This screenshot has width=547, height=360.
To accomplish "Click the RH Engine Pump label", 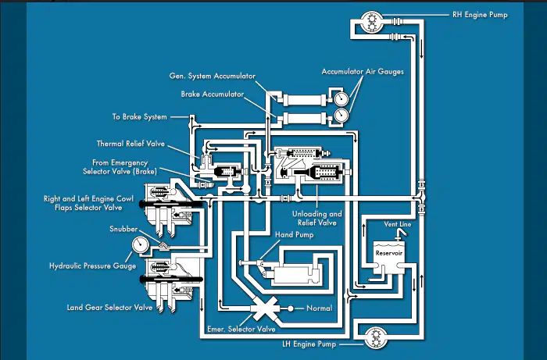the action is click(480, 15).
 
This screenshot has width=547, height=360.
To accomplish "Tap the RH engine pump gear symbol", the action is click(371, 22).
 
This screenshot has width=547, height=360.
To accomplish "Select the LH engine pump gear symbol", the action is click(376, 337).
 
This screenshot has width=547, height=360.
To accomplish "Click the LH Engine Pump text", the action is click(309, 344).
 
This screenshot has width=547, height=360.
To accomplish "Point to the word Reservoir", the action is click(389, 253).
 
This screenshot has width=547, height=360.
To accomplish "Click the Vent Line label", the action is click(398, 224).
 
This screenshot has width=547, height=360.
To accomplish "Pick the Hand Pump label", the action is click(294, 235).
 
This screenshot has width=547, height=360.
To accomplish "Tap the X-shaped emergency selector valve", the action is click(265, 308).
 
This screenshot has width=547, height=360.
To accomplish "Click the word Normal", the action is click(319, 308).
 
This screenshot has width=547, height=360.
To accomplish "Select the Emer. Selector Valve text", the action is click(241, 329).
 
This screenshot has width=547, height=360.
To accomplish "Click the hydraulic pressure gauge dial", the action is click(140, 245).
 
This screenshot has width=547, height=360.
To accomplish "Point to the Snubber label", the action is click(123, 229).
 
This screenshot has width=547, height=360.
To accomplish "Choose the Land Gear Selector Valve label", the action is click(109, 308).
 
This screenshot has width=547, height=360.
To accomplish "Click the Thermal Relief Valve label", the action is click(130, 144).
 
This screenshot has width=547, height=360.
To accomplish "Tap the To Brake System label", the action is click(140, 117).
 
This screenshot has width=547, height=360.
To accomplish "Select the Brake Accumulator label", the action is click(212, 94).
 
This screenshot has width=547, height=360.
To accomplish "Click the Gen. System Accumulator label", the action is click(212, 76).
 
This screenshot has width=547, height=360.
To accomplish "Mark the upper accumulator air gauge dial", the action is click(341, 98).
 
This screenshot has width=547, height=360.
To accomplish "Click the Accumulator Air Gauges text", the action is click(363, 72).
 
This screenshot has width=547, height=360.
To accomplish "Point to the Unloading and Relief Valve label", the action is click(316, 219).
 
